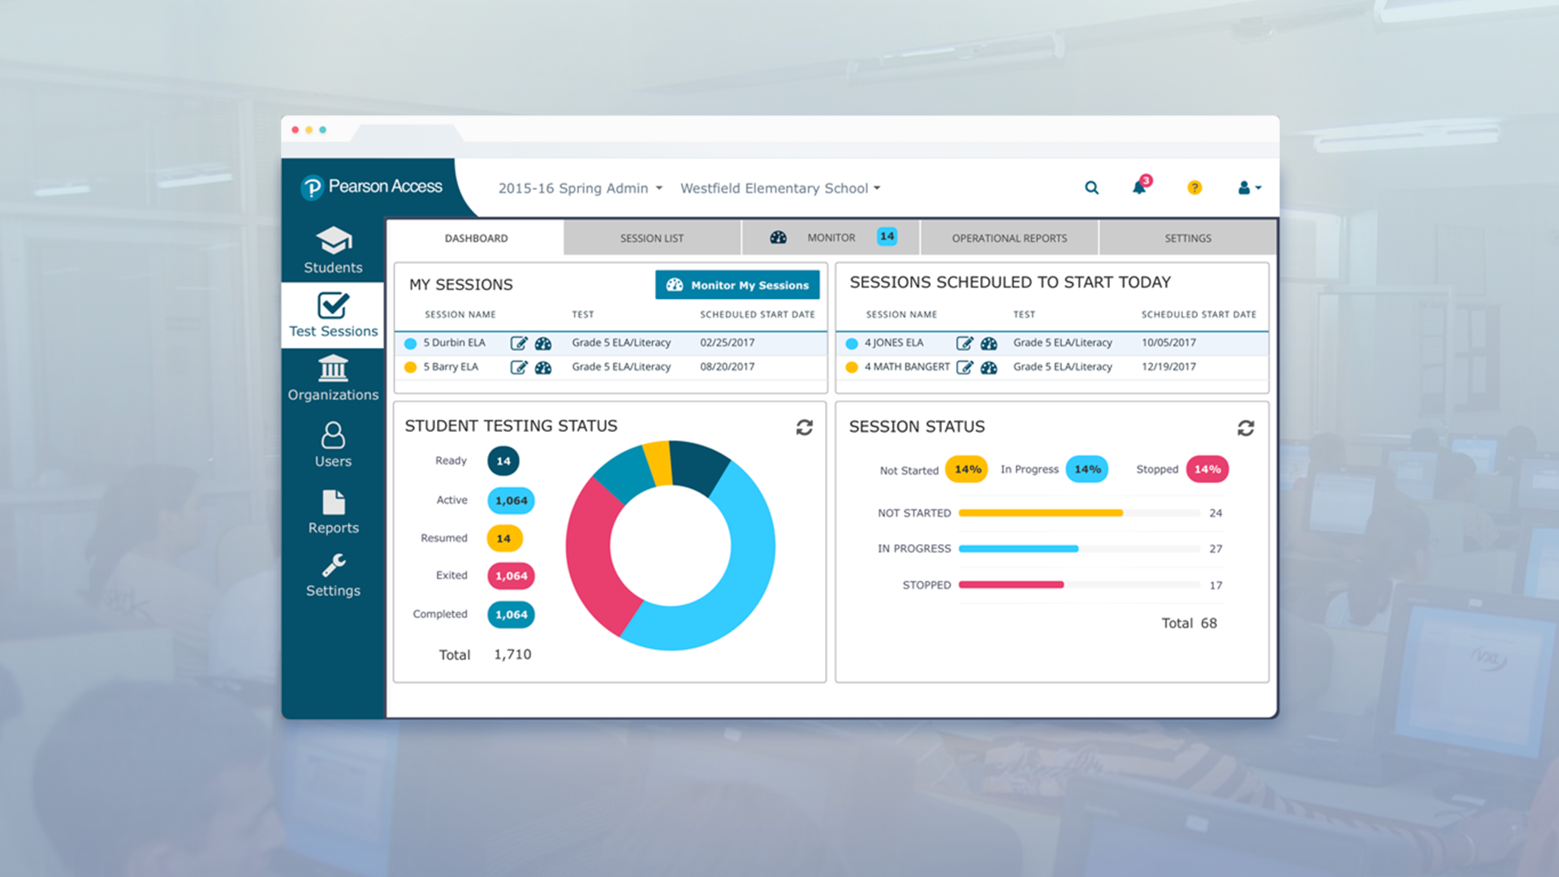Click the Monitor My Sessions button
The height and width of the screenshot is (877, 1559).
(x=737, y=285)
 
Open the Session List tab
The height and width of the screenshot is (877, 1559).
(x=651, y=238)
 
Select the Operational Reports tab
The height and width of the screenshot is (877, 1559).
(x=1008, y=238)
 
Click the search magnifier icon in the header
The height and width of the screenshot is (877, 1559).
(x=1091, y=188)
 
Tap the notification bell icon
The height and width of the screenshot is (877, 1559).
(x=1139, y=188)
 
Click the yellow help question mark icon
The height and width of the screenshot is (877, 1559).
(x=1194, y=188)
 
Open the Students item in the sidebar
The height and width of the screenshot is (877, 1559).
(x=333, y=250)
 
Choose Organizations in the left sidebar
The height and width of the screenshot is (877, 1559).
(x=333, y=378)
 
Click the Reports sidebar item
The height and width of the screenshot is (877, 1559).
(x=333, y=512)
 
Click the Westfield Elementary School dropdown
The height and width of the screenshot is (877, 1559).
(x=779, y=188)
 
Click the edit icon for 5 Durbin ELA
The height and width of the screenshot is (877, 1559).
(x=518, y=343)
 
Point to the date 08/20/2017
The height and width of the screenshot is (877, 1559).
(x=727, y=367)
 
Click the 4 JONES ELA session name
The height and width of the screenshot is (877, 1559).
(x=893, y=343)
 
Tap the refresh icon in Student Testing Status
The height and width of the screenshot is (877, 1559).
(x=804, y=427)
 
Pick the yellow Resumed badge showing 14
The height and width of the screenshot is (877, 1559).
(x=503, y=538)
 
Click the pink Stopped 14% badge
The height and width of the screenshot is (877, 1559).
(x=1207, y=469)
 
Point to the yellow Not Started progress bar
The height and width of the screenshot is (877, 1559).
(x=1040, y=513)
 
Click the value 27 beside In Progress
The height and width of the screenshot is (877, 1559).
(x=1215, y=549)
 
